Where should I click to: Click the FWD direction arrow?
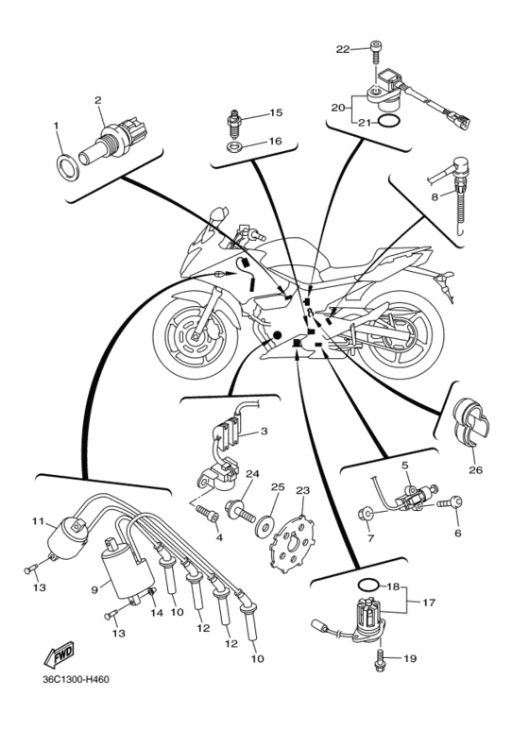tap(59, 654)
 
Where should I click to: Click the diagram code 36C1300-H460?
tap(76, 680)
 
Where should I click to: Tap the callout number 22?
tap(342, 49)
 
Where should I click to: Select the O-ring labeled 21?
tap(389, 122)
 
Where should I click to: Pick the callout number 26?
tap(475, 469)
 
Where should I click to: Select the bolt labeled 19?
tap(380, 660)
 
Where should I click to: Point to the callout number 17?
tap(429, 603)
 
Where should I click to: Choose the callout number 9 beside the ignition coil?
tap(94, 590)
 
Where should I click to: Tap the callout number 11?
tap(38, 520)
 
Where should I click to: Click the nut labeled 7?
tap(366, 515)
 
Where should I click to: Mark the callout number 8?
tap(435, 197)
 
